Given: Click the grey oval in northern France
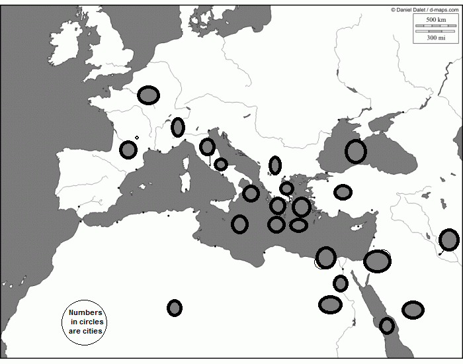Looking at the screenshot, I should pos(149,95).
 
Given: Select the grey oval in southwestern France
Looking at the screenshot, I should pos(128,150).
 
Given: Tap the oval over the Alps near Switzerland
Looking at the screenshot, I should pos(177,127).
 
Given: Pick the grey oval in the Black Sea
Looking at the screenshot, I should pos(355,152).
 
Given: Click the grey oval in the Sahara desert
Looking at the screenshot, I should pos(174,308).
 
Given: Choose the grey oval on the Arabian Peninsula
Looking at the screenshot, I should pos(413,310).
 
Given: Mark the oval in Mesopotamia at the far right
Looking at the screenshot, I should pos(448,240).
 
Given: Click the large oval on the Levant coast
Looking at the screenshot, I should pos(377,261).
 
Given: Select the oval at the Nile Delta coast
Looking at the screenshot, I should pos(326,257).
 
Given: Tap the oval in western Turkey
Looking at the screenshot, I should pos(343,192).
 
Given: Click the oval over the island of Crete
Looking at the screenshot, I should pos(298,225).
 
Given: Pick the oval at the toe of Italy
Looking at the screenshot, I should pos(251,193).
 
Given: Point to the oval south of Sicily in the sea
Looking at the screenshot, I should pos(239,224).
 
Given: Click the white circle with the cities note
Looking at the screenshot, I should pos(85,322).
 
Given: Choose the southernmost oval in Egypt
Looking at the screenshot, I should pos(330,304).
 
